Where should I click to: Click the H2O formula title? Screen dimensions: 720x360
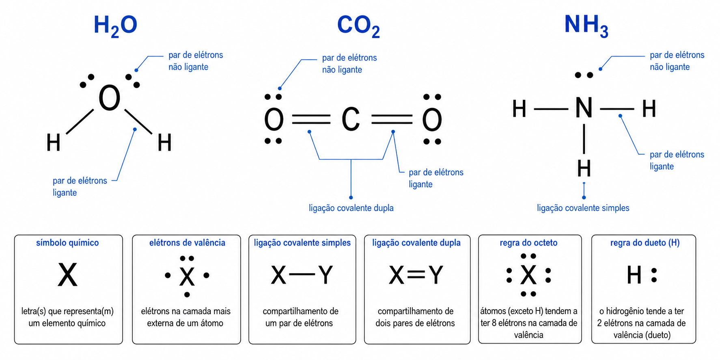116,26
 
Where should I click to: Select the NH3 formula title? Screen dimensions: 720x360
586,26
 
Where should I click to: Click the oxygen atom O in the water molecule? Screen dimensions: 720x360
110,98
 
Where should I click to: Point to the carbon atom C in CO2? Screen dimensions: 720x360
351,119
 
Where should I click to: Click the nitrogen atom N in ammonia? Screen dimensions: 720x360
584,108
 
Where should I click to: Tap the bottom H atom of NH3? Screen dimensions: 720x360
584,168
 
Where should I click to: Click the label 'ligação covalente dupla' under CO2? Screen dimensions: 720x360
351,208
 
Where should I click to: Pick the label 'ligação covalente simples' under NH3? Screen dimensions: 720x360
583,208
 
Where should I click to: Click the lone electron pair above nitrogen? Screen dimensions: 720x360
584,75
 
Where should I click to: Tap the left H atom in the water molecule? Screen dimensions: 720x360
53,142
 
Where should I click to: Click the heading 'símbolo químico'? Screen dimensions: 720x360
67,243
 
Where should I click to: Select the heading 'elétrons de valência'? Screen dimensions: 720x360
187,243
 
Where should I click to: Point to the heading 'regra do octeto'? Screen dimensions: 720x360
528,243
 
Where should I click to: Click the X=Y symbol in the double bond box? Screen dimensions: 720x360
416,275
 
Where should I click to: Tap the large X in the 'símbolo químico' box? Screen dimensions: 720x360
67,275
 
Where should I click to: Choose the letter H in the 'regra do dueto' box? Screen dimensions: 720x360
634,275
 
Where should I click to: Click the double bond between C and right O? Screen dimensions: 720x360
392,119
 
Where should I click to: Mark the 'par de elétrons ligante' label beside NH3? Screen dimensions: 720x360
677,160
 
